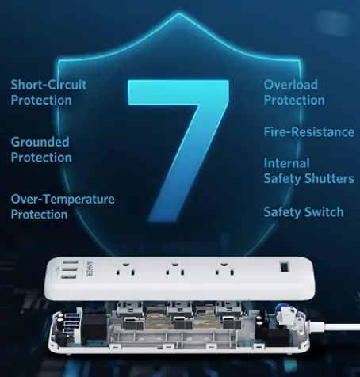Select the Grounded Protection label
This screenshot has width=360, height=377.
click(x=40, y=150)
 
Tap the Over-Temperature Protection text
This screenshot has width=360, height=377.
click(x=63, y=207)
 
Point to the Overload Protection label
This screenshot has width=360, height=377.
click(x=294, y=93)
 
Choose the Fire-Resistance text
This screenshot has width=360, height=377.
click(x=308, y=132)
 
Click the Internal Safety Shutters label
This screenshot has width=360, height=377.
click(x=308, y=171)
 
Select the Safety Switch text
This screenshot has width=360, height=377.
click(x=304, y=211)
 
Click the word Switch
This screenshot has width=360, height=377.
click(x=324, y=211)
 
